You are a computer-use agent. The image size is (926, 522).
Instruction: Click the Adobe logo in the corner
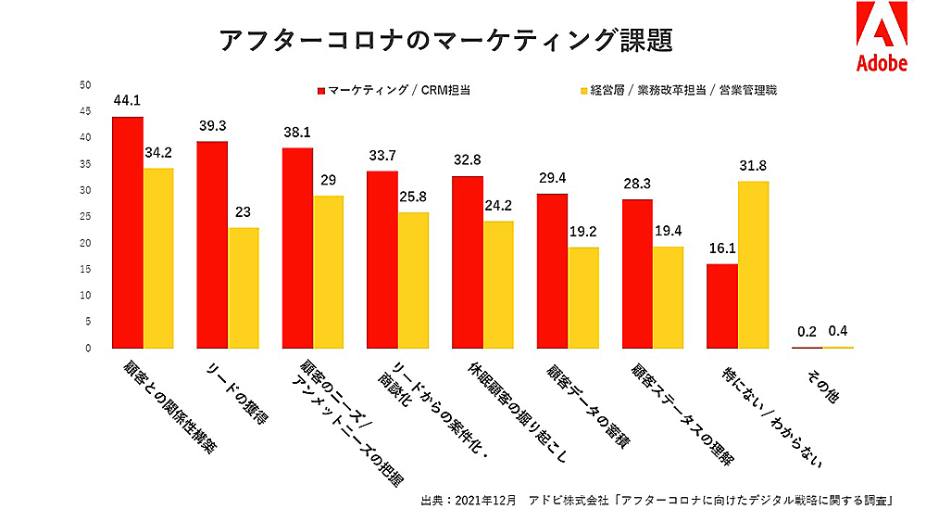pyautogui.click(x=881, y=37)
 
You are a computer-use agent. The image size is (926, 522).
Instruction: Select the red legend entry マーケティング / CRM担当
pyautogui.click(x=394, y=91)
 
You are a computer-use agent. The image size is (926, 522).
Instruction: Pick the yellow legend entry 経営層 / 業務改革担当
pyautogui.click(x=677, y=91)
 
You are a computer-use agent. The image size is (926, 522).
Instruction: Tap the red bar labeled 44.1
pyautogui.click(x=128, y=233)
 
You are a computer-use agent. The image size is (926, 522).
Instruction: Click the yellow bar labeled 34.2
pyautogui.click(x=158, y=259)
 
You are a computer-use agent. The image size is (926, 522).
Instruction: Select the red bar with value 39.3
pyautogui.click(x=213, y=245)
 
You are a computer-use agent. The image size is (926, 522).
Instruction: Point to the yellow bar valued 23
pyautogui.click(x=244, y=288)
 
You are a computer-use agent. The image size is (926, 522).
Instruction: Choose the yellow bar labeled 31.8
pyautogui.click(x=753, y=265)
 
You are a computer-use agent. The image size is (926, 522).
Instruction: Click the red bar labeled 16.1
pyautogui.click(x=722, y=306)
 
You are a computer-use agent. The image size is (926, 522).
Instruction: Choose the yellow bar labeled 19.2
pyautogui.click(x=583, y=298)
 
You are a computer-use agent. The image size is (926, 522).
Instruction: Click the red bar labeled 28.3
pyautogui.click(x=637, y=274)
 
